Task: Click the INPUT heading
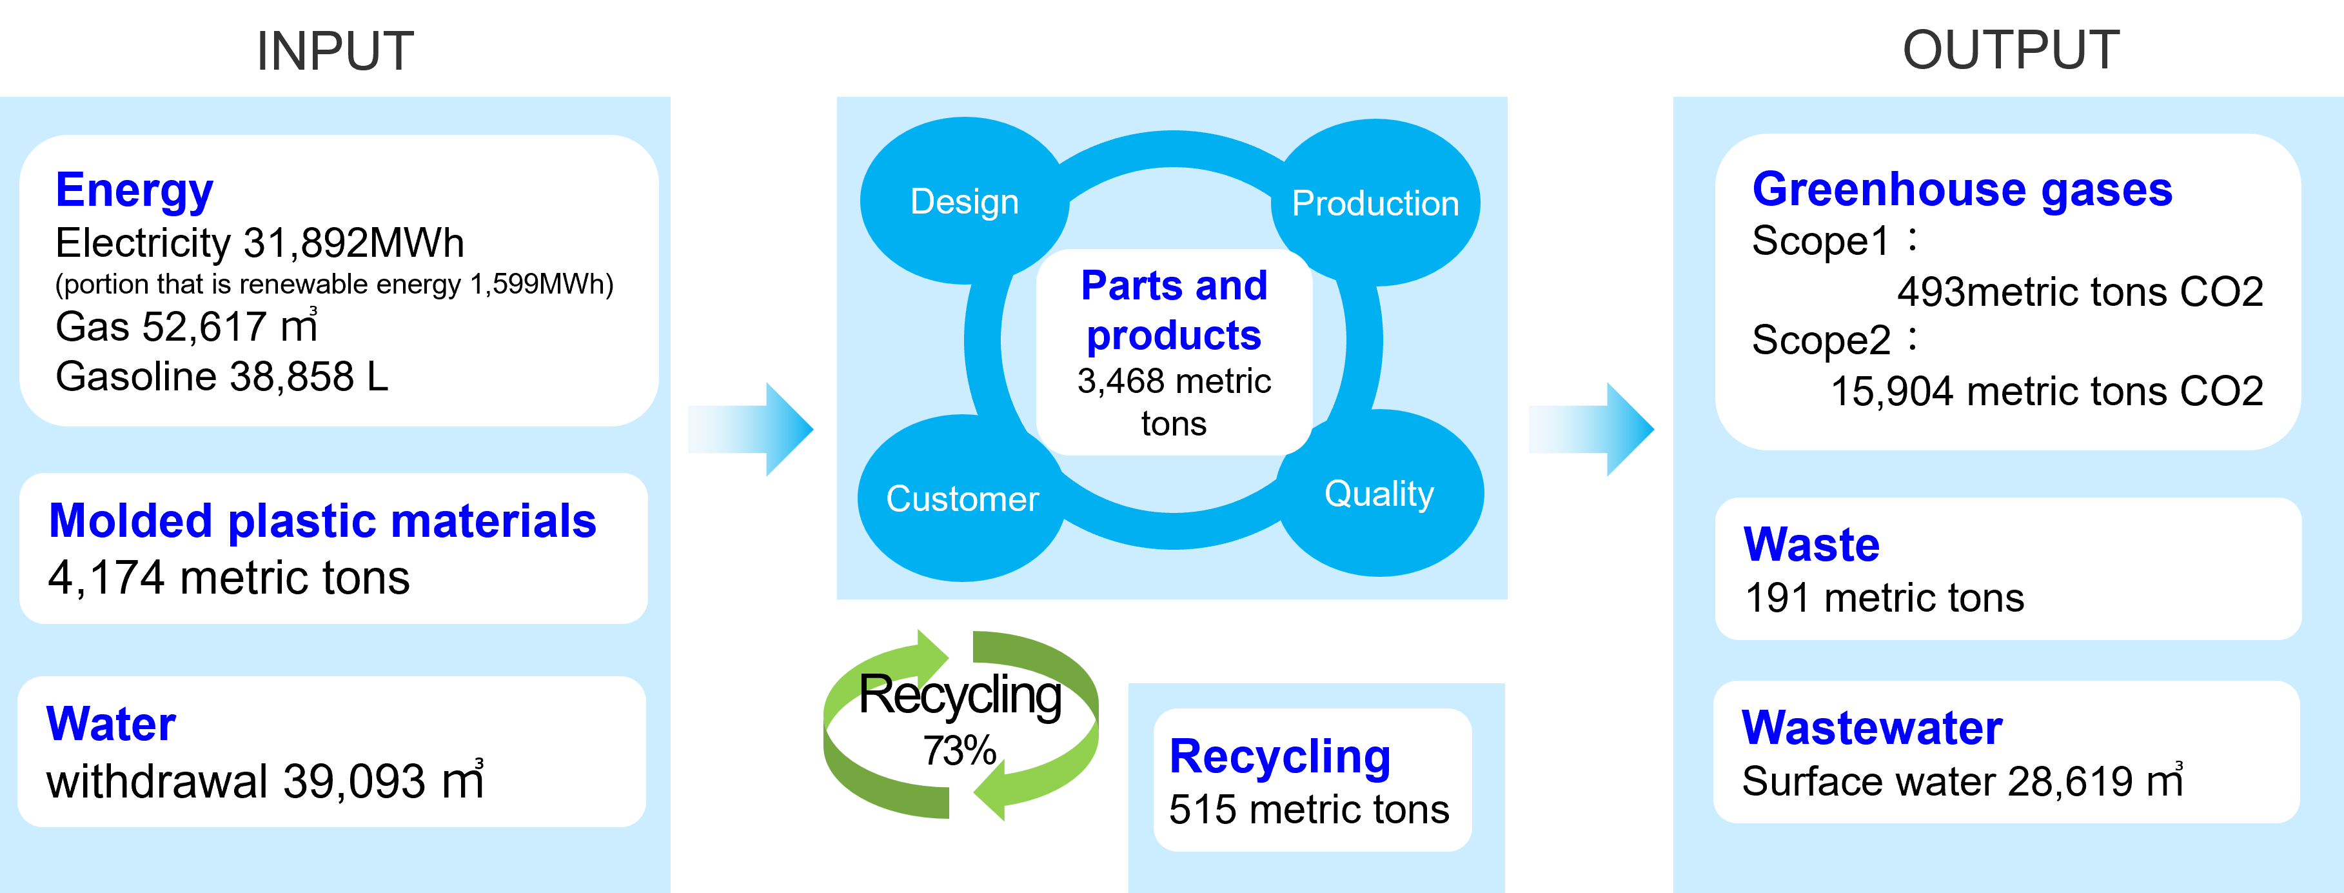click(335, 51)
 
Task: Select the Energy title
click(135, 190)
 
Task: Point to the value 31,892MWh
click(354, 243)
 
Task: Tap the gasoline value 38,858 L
click(310, 377)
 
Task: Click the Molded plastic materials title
click(322, 521)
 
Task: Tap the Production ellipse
click(1375, 203)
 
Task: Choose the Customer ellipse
click(962, 498)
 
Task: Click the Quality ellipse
click(1379, 494)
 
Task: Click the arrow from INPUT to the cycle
click(751, 428)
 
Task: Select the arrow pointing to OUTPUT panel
click(1591, 428)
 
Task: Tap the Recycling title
click(1279, 756)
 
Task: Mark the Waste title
click(1811, 545)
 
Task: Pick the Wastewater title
click(1872, 727)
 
